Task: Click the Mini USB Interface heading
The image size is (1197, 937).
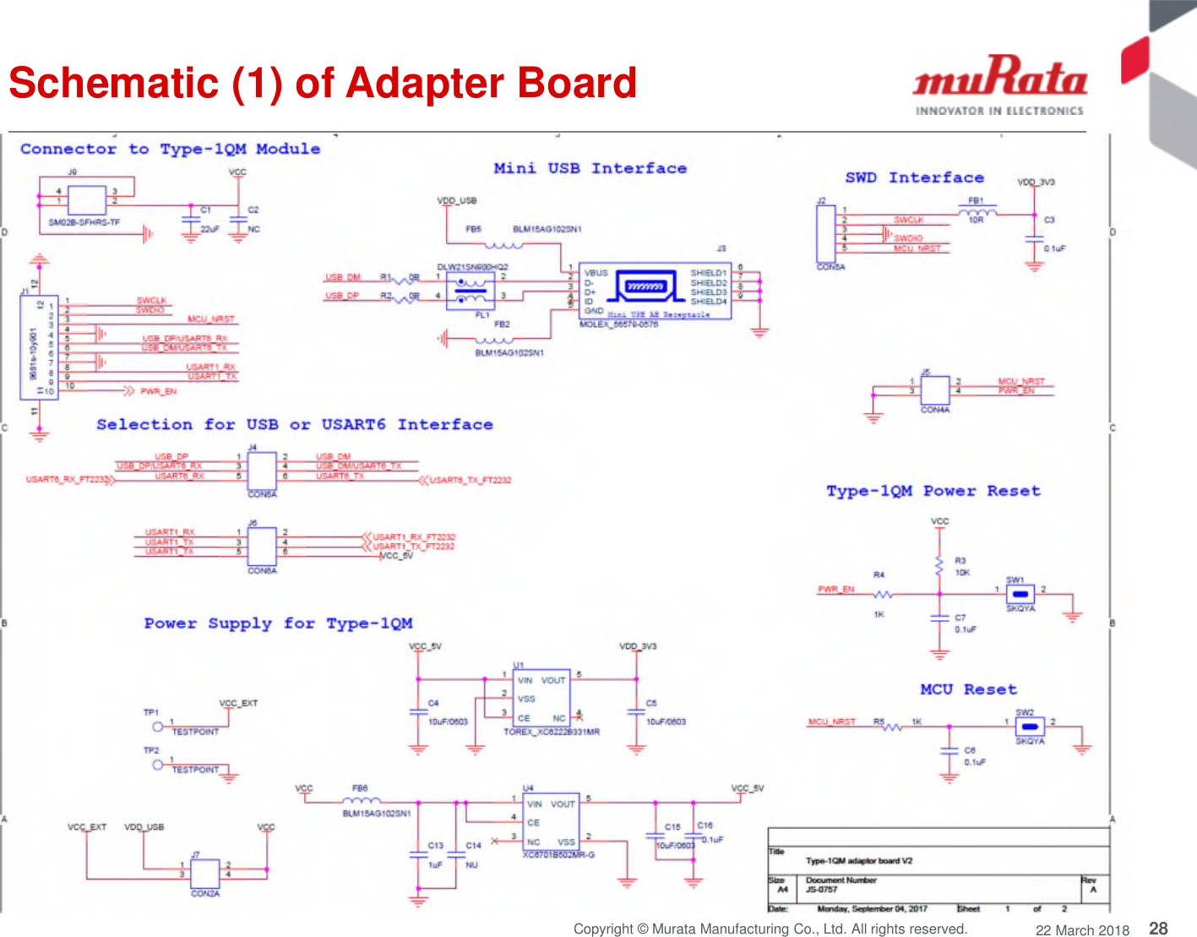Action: pyautogui.click(x=590, y=168)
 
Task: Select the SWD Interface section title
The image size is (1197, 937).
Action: pyautogui.click(x=914, y=177)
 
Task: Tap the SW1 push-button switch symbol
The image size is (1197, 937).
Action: pyautogui.click(x=1020, y=594)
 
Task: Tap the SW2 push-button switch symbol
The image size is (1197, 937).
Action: pyautogui.click(x=1029, y=727)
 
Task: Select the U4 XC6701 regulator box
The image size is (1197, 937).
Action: pyautogui.click(x=551, y=822)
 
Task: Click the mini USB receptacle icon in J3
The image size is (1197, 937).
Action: pyautogui.click(x=646, y=286)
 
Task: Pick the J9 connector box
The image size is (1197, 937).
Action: pyautogui.click(x=86, y=200)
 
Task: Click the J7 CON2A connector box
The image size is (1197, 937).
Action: pyautogui.click(x=204, y=874)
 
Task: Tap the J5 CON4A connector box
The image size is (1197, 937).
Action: pyautogui.click(x=934, y=390)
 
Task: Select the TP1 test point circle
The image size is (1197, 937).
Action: pyautogui.click(x=157, y=726)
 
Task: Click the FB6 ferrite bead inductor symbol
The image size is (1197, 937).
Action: pyautogui.click(x=361, y=800)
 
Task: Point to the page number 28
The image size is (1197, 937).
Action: pyautogui.click(x=1158, y=928)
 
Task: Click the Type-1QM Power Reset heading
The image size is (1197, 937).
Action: pyautogui.click(x=933, y=491)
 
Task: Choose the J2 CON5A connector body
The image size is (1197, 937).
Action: pyautogui.click(x=825, y=233)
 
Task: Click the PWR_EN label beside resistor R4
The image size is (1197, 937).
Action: pyautogui.click(x=835, y=589)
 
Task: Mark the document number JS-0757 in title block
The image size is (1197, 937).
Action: pyautogui.click(x=821, y=889)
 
